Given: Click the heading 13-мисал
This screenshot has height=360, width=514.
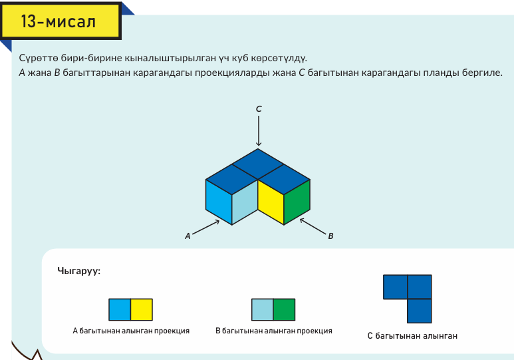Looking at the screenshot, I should pyautogui.click(x=59, y=22).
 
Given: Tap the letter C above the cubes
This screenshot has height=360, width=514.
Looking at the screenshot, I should pyautogui.click(x=259, y=108).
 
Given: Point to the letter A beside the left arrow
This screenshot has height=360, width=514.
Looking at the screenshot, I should pyautogui.click(x=188, y=235).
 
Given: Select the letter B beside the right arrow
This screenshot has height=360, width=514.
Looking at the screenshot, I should pyautogui.click(x=330, y=236).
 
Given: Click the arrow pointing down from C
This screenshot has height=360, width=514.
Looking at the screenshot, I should pyautogui.click(x=259, y=130).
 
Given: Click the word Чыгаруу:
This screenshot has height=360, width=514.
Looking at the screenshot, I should pyautogui.click(x=78, y=271).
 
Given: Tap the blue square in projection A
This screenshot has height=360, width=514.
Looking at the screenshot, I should pyautogui.click(x=120, y=310).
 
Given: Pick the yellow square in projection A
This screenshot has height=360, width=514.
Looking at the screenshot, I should pyautogui.click(x=142, y=310).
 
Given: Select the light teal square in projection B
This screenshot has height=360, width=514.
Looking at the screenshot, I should pyautogui.click(x=262, y=310).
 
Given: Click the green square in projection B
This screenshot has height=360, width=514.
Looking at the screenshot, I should pyautogui.click(x=284, y=310).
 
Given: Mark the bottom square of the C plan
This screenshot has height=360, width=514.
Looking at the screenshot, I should pyautogui.click(x=419, y=311).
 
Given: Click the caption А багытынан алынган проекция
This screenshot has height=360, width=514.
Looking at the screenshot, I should pyautogui.click(x=131, y=331).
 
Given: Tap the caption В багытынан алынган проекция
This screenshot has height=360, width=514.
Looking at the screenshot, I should pyautogui.click(x=274, y=331).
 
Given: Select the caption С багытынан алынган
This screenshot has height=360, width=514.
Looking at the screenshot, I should pyautogui.click(x=412, y=336).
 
